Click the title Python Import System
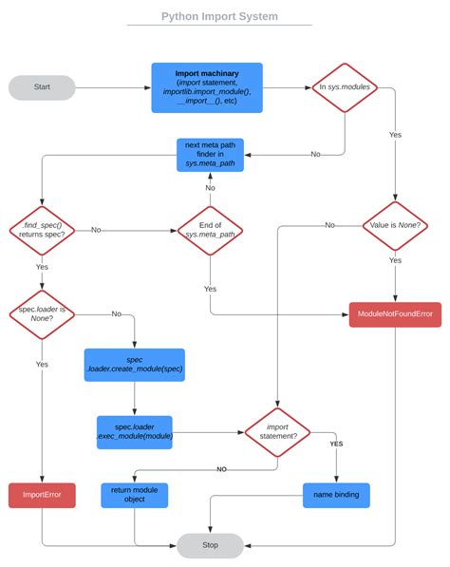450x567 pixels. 219,16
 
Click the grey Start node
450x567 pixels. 42,87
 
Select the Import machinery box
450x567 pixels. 207,87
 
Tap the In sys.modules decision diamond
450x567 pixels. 345,87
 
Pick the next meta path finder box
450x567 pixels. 210,155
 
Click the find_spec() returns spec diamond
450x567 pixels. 42,229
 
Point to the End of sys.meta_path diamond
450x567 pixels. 210,229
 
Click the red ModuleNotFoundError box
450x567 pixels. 395,312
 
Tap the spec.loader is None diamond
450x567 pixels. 42,312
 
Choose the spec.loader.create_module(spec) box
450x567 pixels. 134,365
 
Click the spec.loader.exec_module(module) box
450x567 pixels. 134,432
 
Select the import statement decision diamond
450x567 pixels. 277,432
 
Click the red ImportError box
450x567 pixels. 42,495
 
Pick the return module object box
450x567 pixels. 134,495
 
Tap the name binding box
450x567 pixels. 335,495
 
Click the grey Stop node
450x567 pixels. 210,545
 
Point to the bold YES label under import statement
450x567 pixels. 336,444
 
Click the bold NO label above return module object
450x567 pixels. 220,469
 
